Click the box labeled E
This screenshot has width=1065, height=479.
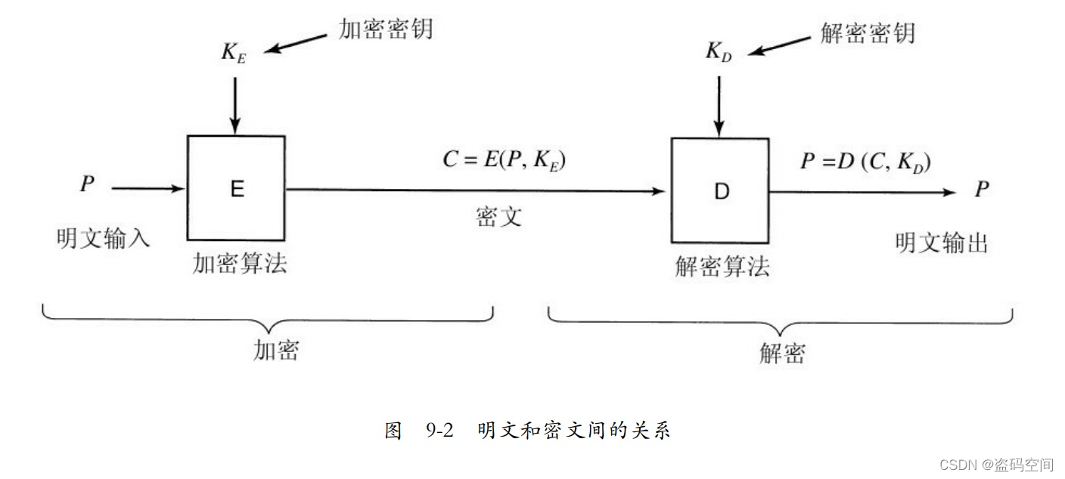pyautogui.click(x=236, y=188)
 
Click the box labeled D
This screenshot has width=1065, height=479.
pyautogui.click(x=720, y=191)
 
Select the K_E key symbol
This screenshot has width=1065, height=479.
pyautogui.click(x=234, y=53)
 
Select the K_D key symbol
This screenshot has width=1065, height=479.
pyautogui.click(x=719, y=52)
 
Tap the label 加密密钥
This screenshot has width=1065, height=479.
pyautogui.click(x=386, y=30)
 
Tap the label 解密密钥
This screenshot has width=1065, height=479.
pyautogui.click(x=868, y=32)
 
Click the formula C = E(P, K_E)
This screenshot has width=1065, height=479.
pyautogui.click(x=505, y=160)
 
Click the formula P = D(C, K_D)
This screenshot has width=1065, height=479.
pyautogui.click(x=865, y=163)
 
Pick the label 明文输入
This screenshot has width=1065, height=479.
pyautogui.click(x=104, y=238)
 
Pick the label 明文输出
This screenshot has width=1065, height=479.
pyautogui.click(x=942, y=243)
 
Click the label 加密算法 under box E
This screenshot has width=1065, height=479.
pyautogui.click(x=240, y=264)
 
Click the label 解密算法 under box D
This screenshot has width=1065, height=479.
pyautogui.click(x=722, y=267)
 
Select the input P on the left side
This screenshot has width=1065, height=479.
pyautogui.click(x=87, y=184)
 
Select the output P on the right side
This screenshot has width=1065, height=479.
pyautogui.click(x=982, y=189)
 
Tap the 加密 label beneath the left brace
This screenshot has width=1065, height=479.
pyautogui.click(x=276, y=350)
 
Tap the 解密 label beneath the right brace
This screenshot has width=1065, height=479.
pyautogui.click(x=781, y=353)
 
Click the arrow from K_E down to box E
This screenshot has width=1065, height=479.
pyautogui.click(x=234, y=102)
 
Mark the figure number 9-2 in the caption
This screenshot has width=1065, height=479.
pyautogui.click(x=439, y=431)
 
